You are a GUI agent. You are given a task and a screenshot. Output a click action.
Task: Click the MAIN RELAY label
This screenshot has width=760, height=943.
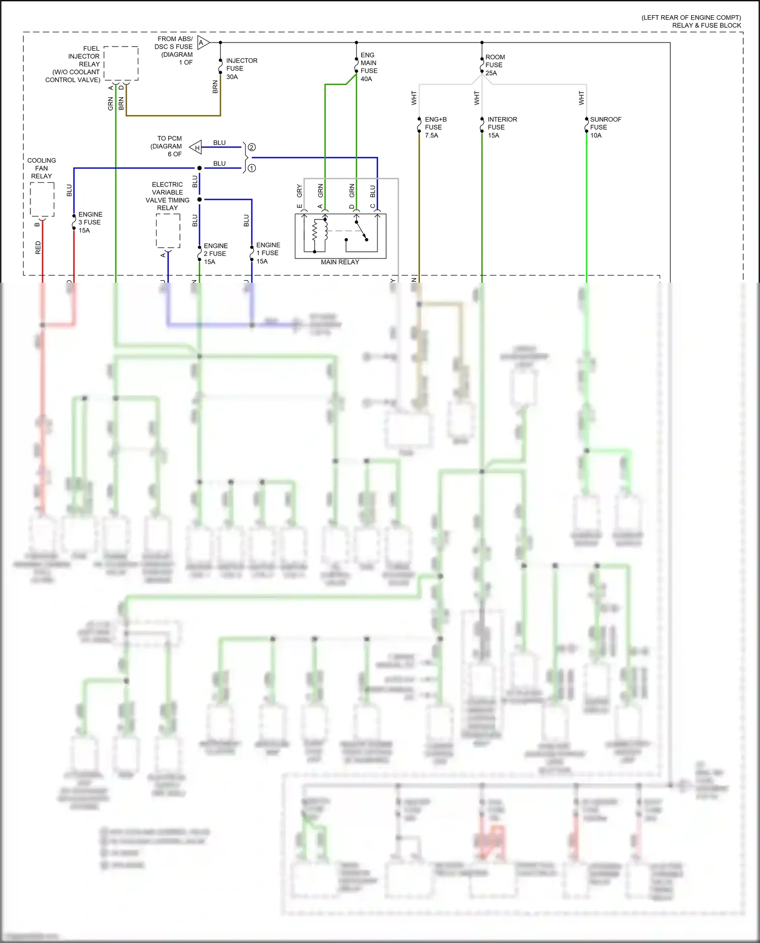pyautogui.click(x=339, y=262)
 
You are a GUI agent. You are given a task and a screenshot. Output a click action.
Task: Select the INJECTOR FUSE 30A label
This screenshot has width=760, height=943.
pyautogui.click(x=241, y=68)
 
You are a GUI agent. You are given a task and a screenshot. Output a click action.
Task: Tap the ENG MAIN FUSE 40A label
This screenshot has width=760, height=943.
pyautogui.click(x=368, y=67)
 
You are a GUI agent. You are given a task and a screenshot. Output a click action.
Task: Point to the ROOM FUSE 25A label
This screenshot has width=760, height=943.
pyautogui.click(x=495, y=65)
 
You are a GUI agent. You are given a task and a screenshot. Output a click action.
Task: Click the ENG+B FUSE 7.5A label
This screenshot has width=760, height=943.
pyautogui.click(x=435, y=127)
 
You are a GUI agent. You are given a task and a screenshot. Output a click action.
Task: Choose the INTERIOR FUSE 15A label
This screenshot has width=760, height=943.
pyautogui.click(x=502, y=127)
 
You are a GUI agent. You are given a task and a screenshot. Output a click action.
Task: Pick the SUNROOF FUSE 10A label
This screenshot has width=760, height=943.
pyautogui.click(x=605, y=127)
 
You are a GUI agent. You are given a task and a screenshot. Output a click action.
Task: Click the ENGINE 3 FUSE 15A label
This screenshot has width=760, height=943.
pyautogui.click(x=90, y=222)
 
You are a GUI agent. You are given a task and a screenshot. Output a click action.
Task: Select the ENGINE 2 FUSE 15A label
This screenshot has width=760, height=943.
pyautogui.click(x=215, y=253)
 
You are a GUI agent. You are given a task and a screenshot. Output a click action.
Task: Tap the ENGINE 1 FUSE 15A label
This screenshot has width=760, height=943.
pyautogui.click(x=268, y=253)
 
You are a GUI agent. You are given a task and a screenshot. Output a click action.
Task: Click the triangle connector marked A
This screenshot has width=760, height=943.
pyautogui.click(x=203, y=43)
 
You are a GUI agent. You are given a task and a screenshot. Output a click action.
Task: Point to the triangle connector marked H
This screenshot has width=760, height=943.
pyautogui.click(x=196, y=147)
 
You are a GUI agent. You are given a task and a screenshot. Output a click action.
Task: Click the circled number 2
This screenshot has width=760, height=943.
pyautogui.click(x=252, y=147)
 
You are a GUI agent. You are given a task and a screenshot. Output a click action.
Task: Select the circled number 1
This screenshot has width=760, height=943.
pyautogui.click(x=252, y=168)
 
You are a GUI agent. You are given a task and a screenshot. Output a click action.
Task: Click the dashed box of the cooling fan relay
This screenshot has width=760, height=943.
pyautogui.click(x=42, y=200)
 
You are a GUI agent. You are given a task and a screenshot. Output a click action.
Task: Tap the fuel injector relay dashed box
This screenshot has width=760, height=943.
pyautogui.click(x=121, y=63)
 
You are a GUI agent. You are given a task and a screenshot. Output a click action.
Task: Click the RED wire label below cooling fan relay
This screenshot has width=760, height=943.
pyautogui.click(x=38, y=247)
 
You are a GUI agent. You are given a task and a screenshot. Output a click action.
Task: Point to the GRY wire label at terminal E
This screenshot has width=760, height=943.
pyautogui.click(x=299, y=191)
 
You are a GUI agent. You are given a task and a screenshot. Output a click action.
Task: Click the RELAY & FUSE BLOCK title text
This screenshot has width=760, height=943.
pyautogui.click(x=706, y=25)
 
